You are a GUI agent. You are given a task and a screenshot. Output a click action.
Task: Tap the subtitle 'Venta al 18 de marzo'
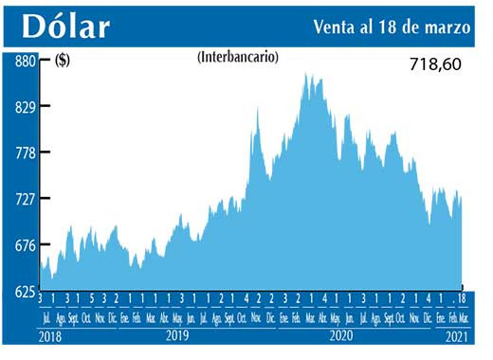[392, 27]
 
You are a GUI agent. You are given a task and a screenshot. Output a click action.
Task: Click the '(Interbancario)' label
[238, 57]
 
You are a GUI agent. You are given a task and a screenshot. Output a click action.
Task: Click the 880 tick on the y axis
[24, 61]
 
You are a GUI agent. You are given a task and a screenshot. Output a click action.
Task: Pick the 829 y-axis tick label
[24, 107]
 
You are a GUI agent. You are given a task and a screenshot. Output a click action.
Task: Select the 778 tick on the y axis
[24, 153]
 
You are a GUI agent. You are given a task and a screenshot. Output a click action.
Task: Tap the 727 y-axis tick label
[24, 200]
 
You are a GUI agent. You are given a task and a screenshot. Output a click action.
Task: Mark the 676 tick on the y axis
[24, 246]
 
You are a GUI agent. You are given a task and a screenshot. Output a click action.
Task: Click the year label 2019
[176, 335]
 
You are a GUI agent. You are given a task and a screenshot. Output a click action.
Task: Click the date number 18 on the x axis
[461, 299]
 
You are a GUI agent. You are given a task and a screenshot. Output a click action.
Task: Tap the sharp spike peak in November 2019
[258, 109]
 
